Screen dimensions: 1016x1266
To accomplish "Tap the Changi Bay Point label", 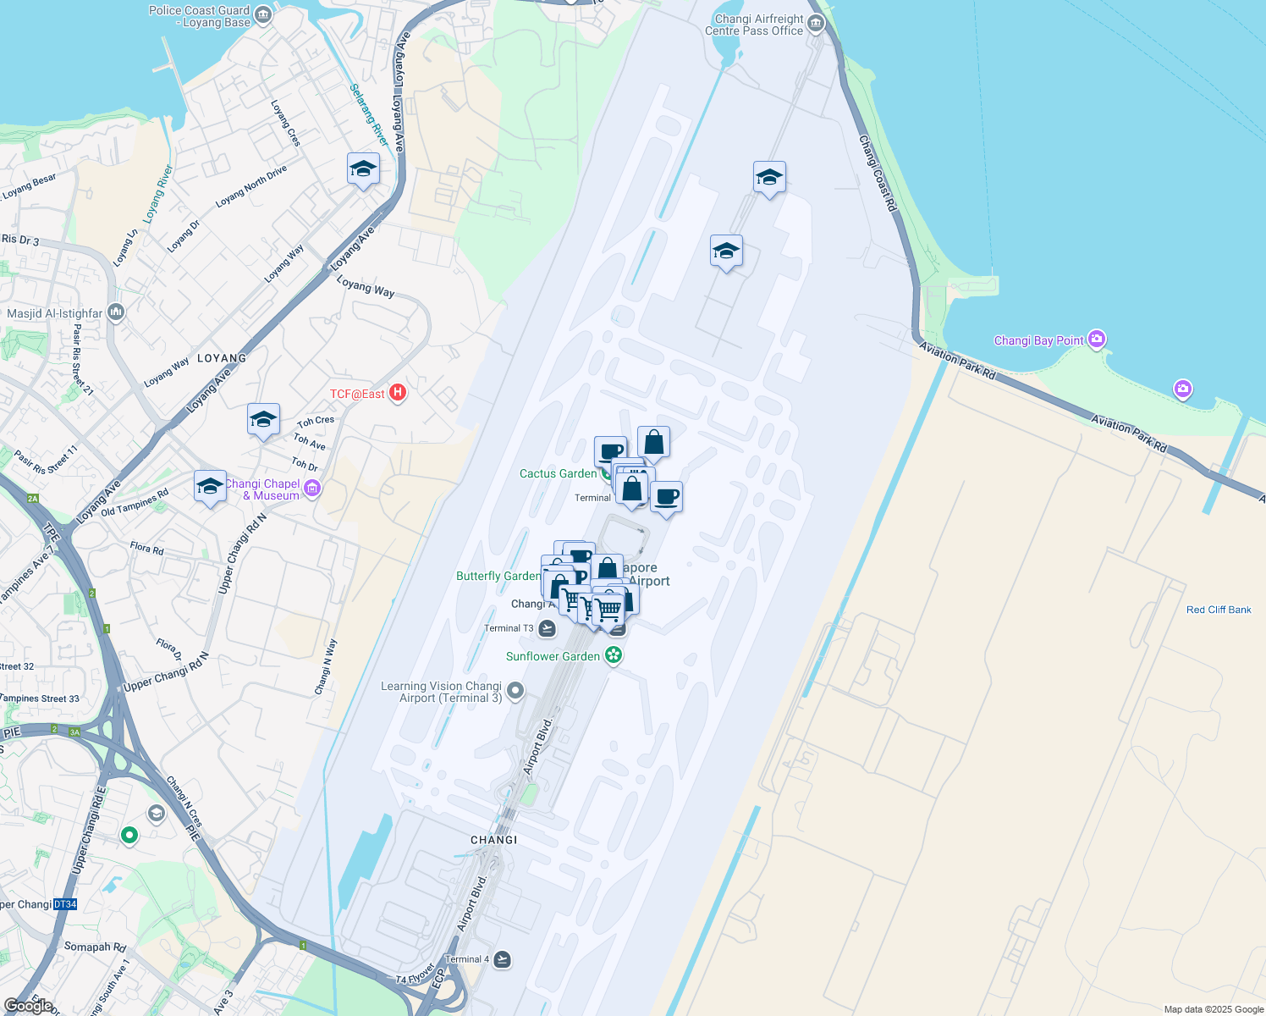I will [x=1038, y=340].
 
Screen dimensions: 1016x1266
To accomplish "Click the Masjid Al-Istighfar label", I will [x=54, y=313].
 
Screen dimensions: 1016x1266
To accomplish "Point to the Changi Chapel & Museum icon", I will [x=312, y=489].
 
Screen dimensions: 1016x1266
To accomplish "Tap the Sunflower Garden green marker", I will [x=614, y=655].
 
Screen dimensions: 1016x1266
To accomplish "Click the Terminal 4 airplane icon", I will [x=503, y=959].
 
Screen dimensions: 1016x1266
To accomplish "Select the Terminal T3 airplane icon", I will [x=547, y=628].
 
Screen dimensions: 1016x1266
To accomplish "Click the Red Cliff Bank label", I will [x=1218, y=610].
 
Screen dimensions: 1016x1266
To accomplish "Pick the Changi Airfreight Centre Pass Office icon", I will [x=816, y=23].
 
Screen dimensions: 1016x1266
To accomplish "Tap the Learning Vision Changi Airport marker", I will [x=515, y=692].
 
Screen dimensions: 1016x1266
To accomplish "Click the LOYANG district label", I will [x=222, y=358].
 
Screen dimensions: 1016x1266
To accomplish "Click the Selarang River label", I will [x=369, y=114].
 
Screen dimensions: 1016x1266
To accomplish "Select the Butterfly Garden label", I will [x=498, y=576].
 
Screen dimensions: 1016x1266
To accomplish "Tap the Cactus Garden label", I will [x=558, y=473].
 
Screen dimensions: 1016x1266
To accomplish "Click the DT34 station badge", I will [x=65, y=904].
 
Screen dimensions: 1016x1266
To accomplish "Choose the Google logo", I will [x=29, y=1005].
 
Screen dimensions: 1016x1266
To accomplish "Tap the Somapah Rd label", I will [x=95, y=947].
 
